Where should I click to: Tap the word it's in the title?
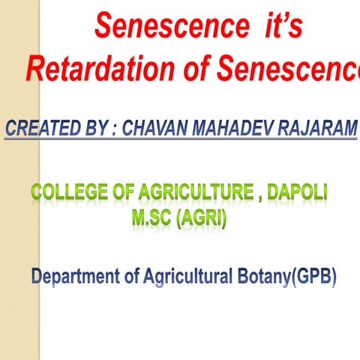277,28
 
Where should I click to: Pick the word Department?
74,277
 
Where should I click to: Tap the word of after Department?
132,277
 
